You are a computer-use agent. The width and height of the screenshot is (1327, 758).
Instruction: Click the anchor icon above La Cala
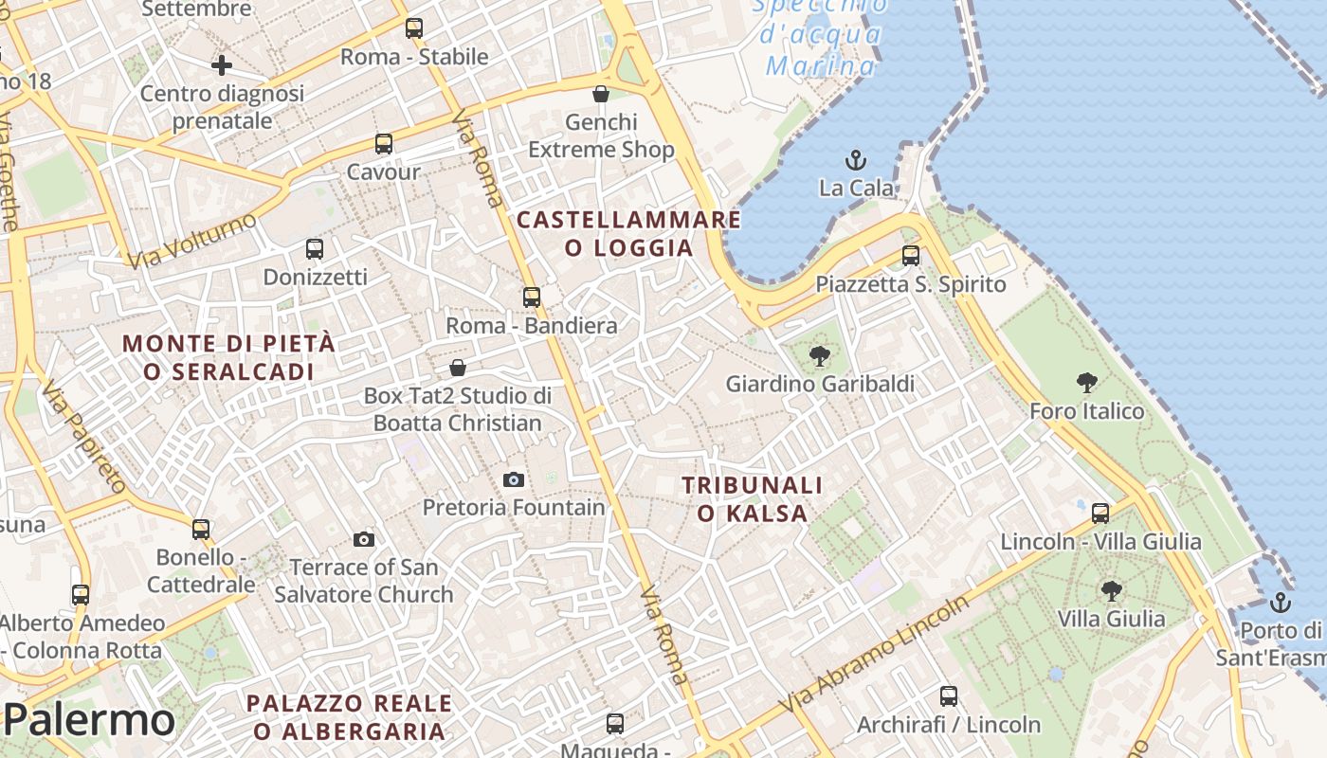click(856, 159)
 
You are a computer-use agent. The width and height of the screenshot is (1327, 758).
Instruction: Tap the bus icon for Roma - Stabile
click(414, 28)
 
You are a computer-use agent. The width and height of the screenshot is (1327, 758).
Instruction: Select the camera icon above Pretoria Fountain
click(513, 479)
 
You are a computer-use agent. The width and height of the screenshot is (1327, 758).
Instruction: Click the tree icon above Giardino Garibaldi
click(820, 356)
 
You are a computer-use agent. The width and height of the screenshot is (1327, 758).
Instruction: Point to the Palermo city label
click(89, 720)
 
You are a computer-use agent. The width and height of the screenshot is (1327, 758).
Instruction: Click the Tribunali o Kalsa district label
click(753, 499)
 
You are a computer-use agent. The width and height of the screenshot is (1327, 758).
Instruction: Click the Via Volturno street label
click(192, 240)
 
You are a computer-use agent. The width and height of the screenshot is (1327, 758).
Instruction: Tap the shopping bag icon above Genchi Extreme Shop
click(600, 93)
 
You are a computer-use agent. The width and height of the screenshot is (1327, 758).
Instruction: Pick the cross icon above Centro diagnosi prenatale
click(222, 65)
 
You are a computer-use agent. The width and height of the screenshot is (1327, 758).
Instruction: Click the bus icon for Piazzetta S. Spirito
click(911, 255)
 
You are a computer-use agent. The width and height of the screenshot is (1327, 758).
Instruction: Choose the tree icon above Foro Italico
click(1087, 383)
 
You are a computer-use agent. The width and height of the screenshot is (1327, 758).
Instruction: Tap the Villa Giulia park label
click(1111, 619)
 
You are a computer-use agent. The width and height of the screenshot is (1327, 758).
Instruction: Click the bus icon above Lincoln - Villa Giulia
click(1100, 514)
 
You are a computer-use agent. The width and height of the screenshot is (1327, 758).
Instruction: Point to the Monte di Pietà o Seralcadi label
click(229, 357)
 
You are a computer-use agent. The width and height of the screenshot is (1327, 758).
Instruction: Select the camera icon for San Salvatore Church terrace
click(363, 539)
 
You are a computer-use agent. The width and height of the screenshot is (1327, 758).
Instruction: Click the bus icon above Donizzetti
click(315, 249)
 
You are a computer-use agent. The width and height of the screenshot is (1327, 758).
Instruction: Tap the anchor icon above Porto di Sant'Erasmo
click(1281, 602)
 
